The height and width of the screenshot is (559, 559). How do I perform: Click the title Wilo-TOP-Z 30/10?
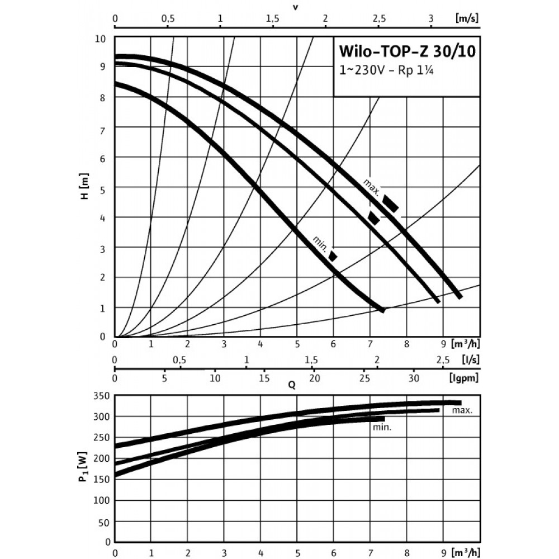(400, 51)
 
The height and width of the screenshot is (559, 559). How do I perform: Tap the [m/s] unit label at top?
(467, 18)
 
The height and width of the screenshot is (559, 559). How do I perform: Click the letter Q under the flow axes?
(292, 385)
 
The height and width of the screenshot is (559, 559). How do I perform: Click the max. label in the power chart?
(462, 410)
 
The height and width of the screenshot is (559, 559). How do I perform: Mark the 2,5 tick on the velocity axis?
(378, 18)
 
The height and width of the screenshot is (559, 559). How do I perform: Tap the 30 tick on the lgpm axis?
(414, 378)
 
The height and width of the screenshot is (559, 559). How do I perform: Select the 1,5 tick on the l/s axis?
(311, 359)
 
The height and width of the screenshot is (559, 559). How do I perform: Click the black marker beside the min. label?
(333, 256)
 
